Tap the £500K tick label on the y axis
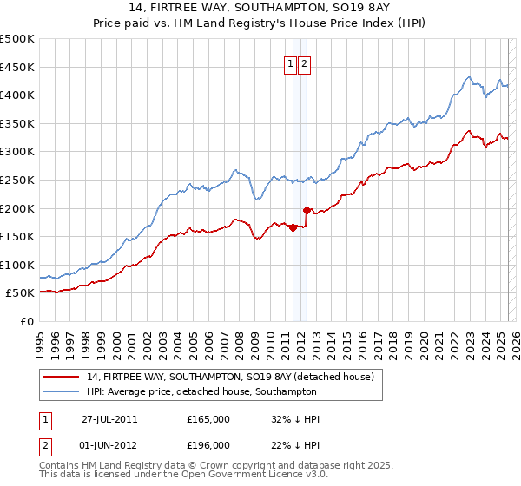tap(17, 39)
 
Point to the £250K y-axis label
tap(17, 180)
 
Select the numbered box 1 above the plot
tap(289, 62)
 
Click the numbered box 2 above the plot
tap(305, 62)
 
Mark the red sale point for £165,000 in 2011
tap(293, 228)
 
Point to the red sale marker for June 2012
tap(307, 210)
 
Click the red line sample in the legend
tap(62, 377)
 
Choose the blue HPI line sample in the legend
tap(62, 392)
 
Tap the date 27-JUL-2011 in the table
tap(109, 419)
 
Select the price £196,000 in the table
tap(208, 445)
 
